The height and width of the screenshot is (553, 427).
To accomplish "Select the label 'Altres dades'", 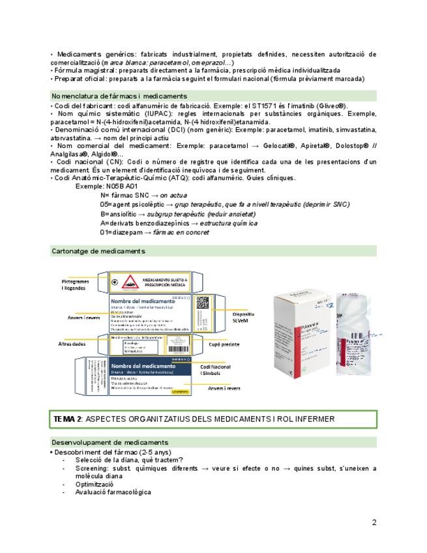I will [72, 343].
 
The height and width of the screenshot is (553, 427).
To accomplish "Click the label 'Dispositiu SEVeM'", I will [243, 317].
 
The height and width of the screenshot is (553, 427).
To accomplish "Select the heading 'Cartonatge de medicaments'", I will [98, 251].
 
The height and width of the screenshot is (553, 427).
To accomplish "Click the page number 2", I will [374, 522].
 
